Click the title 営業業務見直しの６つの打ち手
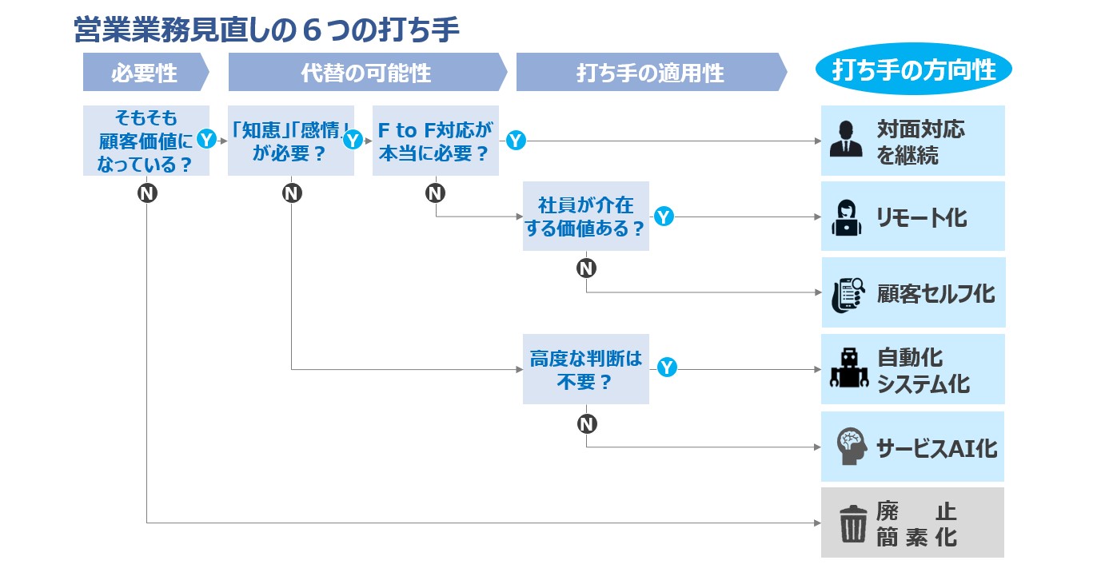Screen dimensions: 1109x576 (266, 30)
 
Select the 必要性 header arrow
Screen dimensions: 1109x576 (146, 72)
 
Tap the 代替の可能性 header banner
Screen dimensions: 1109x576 (368, 72)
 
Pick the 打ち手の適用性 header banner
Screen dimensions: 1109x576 (652, 72)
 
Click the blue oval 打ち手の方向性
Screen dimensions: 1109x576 (913, 69)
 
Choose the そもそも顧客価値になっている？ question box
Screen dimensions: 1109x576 (146, 141)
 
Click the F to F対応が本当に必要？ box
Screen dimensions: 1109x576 (436, 141)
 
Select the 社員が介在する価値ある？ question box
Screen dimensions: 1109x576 (586, 216)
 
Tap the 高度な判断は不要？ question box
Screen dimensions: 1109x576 (586, 369)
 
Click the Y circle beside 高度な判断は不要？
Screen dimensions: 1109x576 (667, 367)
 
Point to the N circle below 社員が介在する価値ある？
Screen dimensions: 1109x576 (586, 268)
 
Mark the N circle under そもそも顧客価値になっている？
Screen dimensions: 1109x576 (147, 193)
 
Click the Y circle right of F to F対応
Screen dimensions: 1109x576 (516, 140)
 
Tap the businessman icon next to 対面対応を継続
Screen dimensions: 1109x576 (846, 139)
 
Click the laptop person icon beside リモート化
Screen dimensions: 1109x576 (847, 218)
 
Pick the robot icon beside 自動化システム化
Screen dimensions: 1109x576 (849, 367)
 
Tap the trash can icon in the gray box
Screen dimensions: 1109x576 (853, 524)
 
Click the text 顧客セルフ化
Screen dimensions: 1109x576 (935, 294)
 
